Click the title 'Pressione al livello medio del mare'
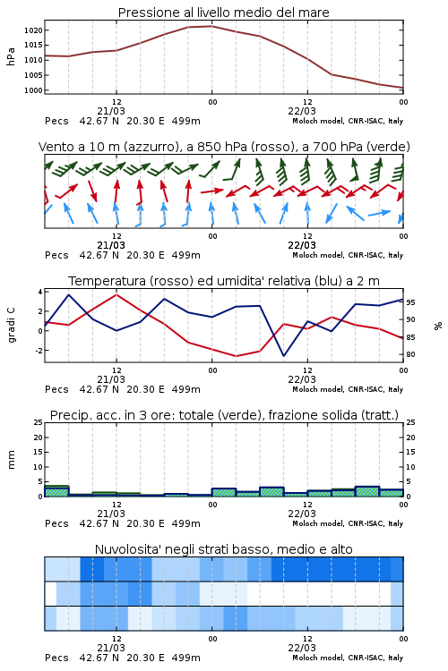pyautogui.click(x=223, y=13)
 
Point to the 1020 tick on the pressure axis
pyautogui.click(x=33, y=30)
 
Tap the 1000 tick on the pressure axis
pyautogui.click(x=33, y=90)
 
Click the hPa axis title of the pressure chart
pyautogui.click(x=11, y=56)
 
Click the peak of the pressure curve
pyautogui.click(x=211, y=26)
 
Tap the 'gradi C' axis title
pyautogui.click(x=12, y=325)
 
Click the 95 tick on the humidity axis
pyautogui.click(x=410, y=302)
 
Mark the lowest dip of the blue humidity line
pyautogui.click(x=283, y=355)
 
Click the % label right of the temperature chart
pyautogui.click(x=438, y=326)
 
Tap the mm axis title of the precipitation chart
pyautogui.click(x=12, y=460)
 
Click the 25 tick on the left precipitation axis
pyautogui.click(x=39, y=422)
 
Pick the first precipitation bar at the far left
pyautogui.click(x=56, y=491)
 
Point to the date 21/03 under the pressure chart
pyautogui.click(x=111, y=111)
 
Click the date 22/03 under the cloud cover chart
pyautogui.click(x=302, y=648)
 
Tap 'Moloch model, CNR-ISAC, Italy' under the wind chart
pyautogui.click(x=348, y=255)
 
